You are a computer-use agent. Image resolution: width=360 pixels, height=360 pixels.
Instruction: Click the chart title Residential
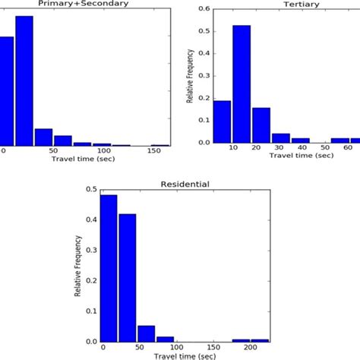185,183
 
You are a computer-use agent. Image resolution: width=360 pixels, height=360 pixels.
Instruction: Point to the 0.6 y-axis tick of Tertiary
204,10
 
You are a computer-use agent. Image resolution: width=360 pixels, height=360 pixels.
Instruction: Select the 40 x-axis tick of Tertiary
302,149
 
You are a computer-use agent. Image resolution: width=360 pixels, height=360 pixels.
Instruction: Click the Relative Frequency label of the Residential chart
78,270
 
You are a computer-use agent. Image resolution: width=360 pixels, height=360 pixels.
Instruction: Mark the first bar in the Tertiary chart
223,121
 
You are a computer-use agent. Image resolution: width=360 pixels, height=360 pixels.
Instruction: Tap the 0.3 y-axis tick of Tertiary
204,76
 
